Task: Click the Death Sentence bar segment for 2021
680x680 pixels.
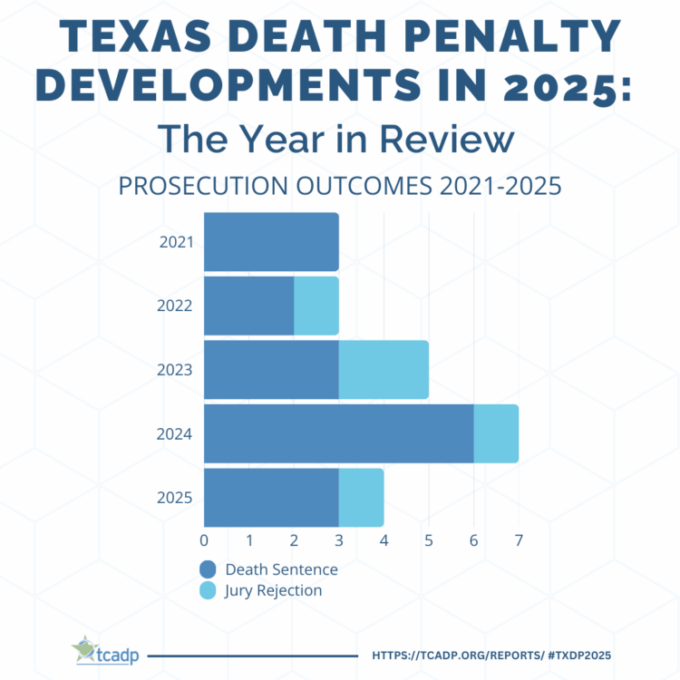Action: pos(271,242)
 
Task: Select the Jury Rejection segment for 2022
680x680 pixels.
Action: pos(316,306)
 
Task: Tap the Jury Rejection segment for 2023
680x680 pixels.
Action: pos(384,369)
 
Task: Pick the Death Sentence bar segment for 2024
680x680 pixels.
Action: pos(339,433)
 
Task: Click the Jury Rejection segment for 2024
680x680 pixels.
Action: pos(496,433)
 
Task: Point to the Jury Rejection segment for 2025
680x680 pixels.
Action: pos(361,497)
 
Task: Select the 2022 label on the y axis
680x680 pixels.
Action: pos(175,306)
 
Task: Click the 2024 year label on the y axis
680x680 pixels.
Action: pos(175,434)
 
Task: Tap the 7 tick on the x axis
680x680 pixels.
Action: pos(519,541)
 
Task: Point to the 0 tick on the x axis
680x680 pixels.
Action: pos(204,541)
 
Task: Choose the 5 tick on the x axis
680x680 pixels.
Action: pos(429,541)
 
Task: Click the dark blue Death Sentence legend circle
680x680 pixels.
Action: pos(209,569)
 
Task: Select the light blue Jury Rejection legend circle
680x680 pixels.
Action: pos(209,591)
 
